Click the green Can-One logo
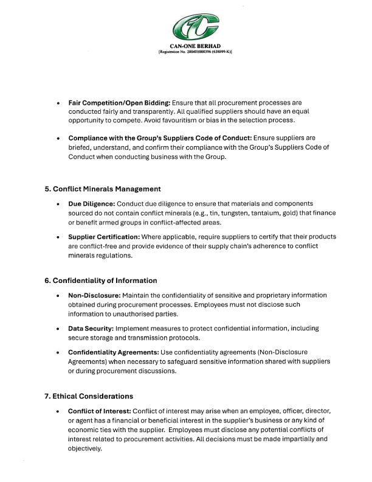point(195,27)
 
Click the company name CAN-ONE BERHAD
point(195,46)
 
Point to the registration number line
point(195,52)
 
